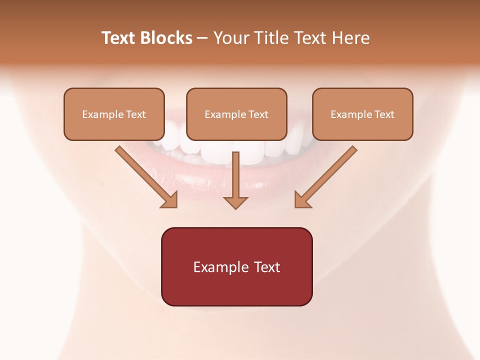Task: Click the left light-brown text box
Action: point(114,114)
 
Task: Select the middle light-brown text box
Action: point(236,114)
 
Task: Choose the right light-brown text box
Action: point(362,114)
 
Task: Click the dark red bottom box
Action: point(236,266)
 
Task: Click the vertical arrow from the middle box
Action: point(235,177)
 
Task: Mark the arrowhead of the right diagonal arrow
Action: point(302,200)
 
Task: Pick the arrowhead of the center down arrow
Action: point(235,202)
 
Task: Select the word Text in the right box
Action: point(384,114)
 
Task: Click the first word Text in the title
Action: point(119,38)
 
